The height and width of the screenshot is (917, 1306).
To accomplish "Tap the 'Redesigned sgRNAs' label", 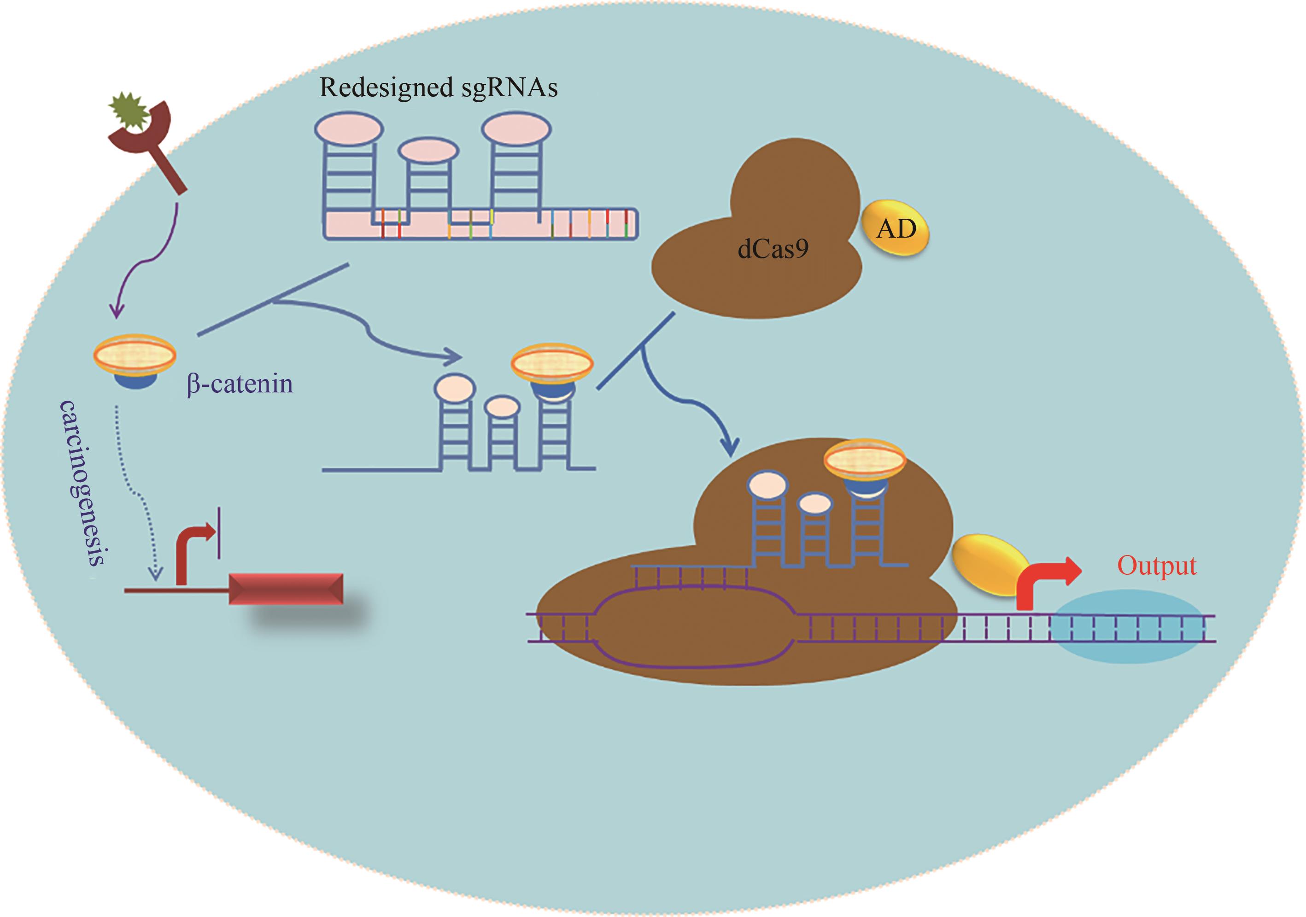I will point(438,88).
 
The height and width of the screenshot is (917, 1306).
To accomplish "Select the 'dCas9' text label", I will point(773,249).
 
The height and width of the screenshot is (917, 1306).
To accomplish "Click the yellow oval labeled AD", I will point(896,229).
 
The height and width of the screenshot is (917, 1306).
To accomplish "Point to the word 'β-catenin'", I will point(240,384).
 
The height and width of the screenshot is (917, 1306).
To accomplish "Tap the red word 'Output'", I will point(1156,566).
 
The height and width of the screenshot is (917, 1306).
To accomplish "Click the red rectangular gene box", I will point(286,589).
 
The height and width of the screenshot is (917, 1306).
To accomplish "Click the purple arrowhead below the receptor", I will point(117,311).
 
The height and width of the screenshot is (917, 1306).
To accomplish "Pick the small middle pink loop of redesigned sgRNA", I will point(428,152).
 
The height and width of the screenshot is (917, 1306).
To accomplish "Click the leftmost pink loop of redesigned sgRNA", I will point(349,128).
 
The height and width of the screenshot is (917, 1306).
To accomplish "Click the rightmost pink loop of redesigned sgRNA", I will point(515,129).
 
